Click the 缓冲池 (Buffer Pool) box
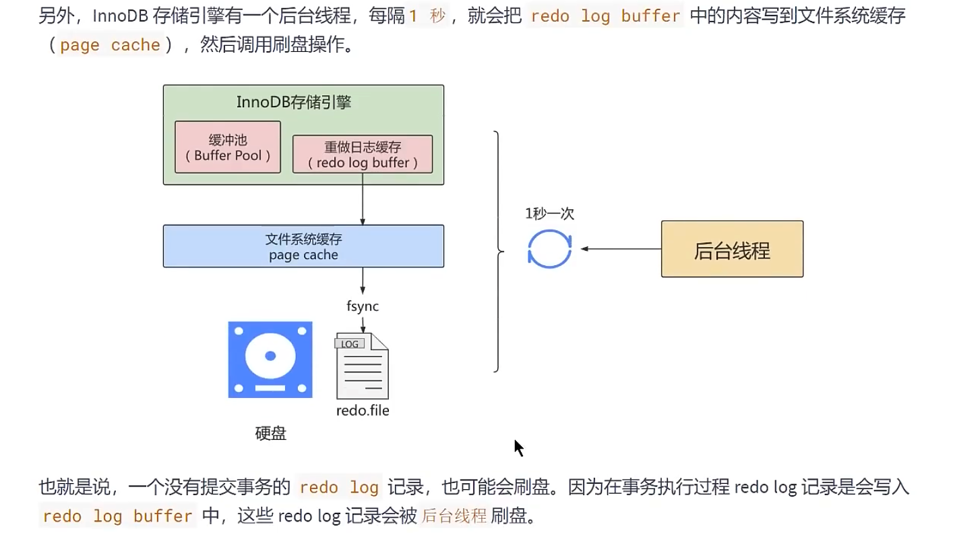(x=227, y=147)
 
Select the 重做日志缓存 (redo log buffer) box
(x=363, y=155)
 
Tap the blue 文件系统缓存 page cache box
(x=303, y=246)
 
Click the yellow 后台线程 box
(x=732, y=249)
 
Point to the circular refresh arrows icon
(x=549, y=249)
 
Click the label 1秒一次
(x=550, y=214)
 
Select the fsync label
(x=363, y=306)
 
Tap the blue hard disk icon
(x=270, y=359)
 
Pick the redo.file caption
(x=363, y=410)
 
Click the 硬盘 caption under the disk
(x=270, y=434)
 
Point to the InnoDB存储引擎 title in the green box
(x=294, y=103)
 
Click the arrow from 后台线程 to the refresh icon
(x=620, y=249)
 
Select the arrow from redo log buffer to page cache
(x=363, y=199)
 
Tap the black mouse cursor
(x=518, y=448)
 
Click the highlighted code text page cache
(x=110, y=46)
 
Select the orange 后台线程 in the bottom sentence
(x=454, y=517)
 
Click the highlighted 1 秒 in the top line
(x=428, y=16)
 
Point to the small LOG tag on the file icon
(x=350, y=343)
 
